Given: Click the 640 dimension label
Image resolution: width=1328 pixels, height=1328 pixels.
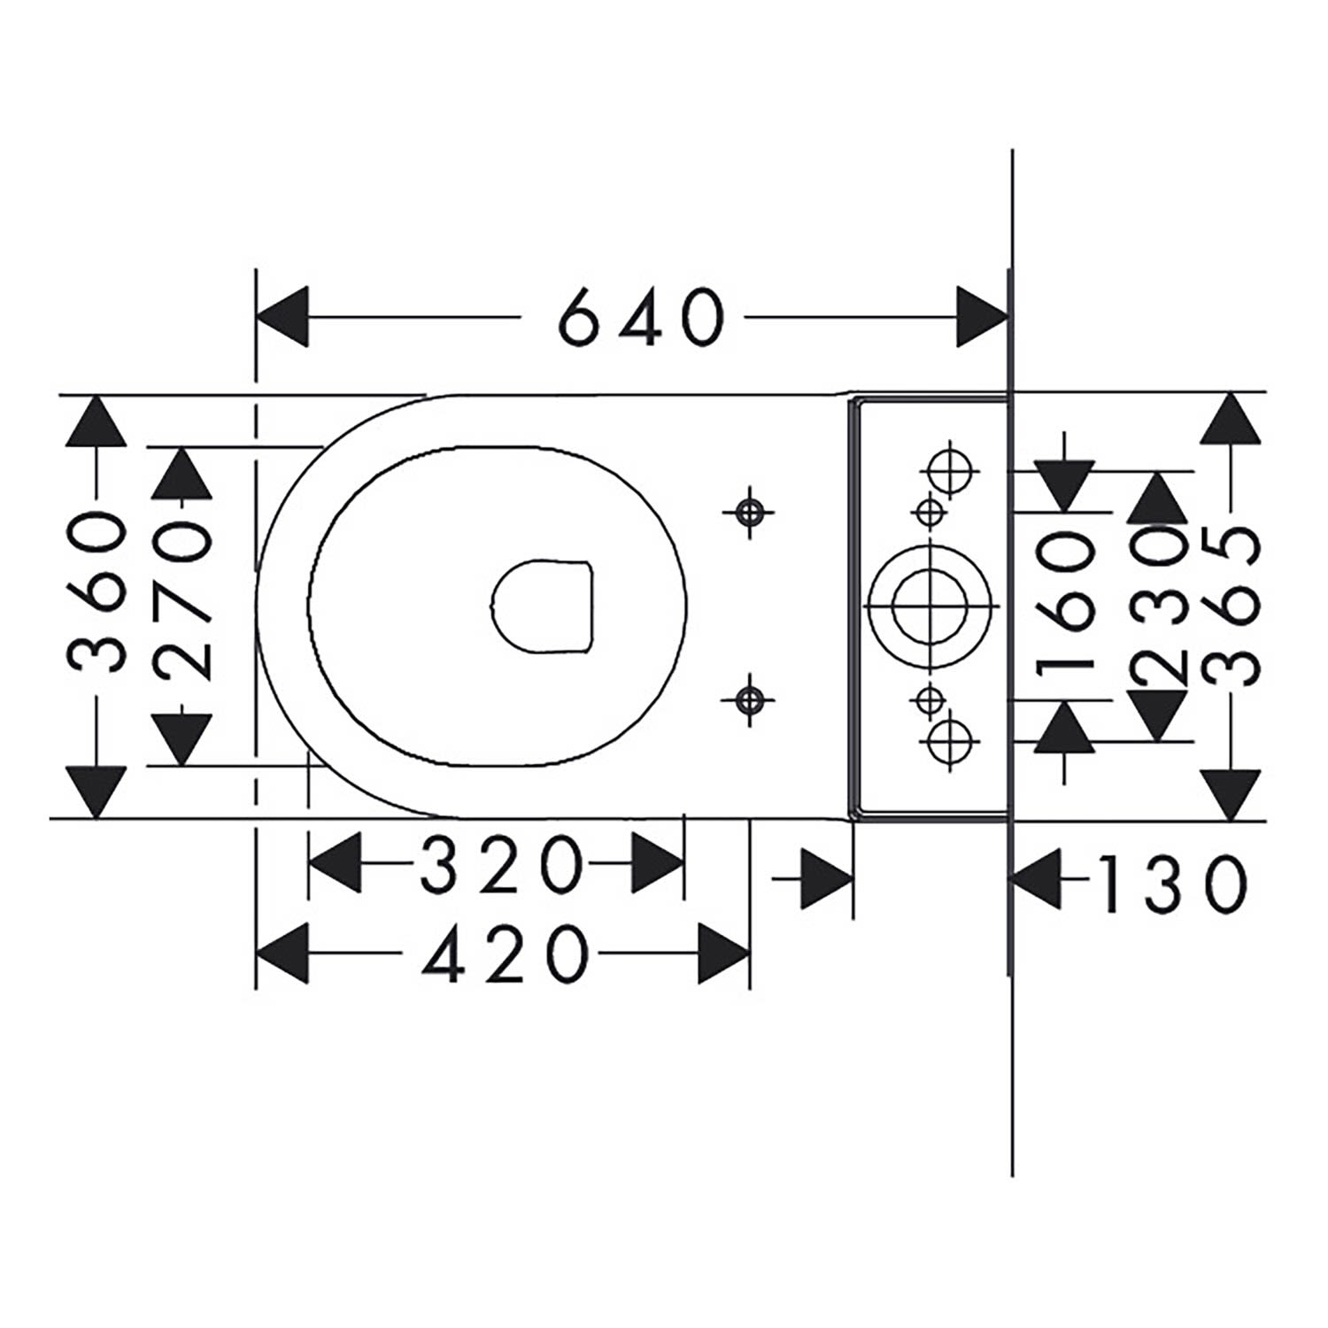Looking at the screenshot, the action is coord(644,316).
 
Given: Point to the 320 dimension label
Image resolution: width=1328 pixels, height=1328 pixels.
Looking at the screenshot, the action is coord(502,865).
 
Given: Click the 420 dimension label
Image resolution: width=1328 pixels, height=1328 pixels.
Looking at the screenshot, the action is coord(505,953).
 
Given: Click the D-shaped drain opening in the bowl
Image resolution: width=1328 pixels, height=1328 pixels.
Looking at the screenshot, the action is coord(541,606).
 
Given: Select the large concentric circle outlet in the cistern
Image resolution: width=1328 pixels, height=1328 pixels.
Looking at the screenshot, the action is coord(930,606).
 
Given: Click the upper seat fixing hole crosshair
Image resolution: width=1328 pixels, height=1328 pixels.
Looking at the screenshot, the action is coord(750,512).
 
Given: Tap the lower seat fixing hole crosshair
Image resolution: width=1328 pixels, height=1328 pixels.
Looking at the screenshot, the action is coord(750,700).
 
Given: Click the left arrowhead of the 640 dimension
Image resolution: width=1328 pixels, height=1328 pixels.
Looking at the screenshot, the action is coord(282,316).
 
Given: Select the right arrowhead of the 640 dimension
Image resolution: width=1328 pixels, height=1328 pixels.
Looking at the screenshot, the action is coord(983,316).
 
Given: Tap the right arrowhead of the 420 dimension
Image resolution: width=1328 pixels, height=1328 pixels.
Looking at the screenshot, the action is coord(724,954).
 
